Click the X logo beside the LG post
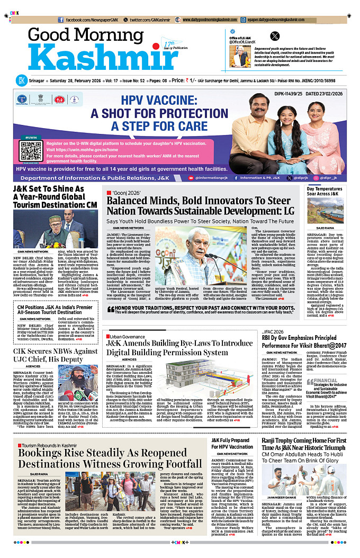point(274,37)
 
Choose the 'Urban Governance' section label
point(127,336)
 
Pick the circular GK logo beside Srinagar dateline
point(21,80)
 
